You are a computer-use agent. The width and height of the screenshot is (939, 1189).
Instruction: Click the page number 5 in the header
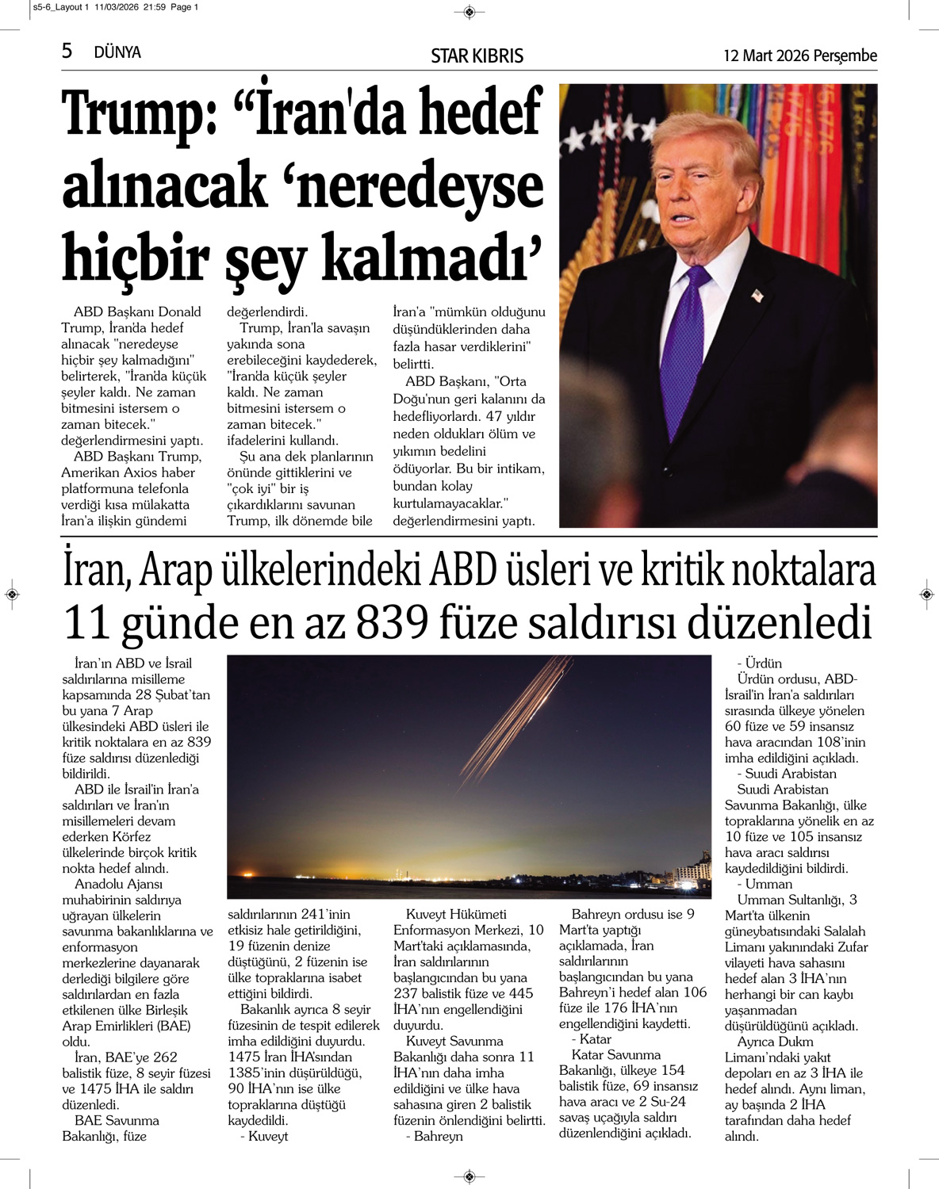(67, 51)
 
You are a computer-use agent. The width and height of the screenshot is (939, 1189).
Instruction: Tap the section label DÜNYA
(117, 52)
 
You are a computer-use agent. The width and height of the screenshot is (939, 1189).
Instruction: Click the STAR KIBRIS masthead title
(477, 55)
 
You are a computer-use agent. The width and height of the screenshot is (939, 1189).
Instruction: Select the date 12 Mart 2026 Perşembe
(799, 55)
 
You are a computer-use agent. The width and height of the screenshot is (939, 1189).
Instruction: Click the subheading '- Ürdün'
(759, 663)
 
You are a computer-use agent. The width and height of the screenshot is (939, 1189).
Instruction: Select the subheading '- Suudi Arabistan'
(786, 774)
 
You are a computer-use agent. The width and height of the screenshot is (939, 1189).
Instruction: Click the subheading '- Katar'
(591, 1039)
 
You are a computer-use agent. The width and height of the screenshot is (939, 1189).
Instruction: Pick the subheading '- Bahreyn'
(434, 1136)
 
